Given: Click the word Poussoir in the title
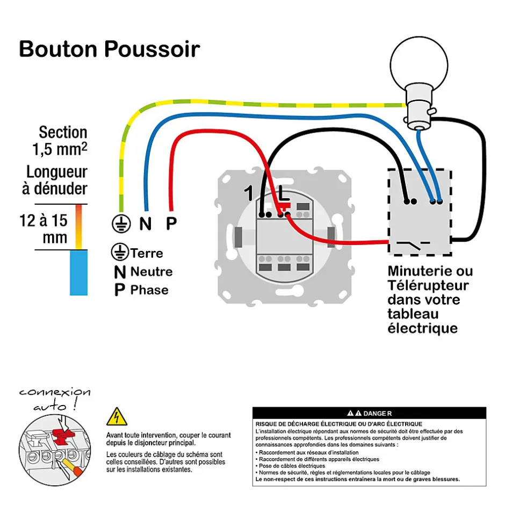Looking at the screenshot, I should pos(152,49).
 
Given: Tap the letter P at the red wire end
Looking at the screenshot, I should pos(171,223).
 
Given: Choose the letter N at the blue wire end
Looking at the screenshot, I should pos(145,223).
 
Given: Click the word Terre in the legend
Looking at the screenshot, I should pos(146,253).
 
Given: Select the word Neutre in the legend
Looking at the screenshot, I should pos(151,271).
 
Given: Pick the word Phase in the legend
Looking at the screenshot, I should pos(149,290).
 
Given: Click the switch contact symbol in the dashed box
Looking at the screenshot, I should pos(412,246).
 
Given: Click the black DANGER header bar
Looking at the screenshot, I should pos(369,413).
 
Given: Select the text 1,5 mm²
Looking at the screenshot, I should pos(60,149).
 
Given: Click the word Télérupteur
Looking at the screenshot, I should pos(428,285).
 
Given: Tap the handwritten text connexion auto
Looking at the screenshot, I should pos(54,399).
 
